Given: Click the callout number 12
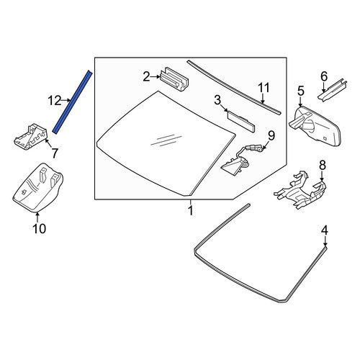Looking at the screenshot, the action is pyautogui.click(x=55, y=101).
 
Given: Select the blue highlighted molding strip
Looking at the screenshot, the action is pyautogui.click(x=72, y=102).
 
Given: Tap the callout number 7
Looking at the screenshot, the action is pyautogui.click(x=55, y=153).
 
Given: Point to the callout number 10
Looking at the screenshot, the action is pyautogui.click(x=40, y=228).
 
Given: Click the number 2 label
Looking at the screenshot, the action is pyautogui.click(x=146, y=77).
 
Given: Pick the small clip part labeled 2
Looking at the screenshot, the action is pyautogui.click(x=174, y=79).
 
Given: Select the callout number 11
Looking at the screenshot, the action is pyautogui.click(x=264, y=88).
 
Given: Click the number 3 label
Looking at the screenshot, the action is pyautogui.click(x=217, y=100).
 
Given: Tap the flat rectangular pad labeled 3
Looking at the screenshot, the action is pyautogui.click(x=240, y=121).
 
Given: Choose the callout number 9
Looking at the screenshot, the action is pyautogui.click(x=271, y=136).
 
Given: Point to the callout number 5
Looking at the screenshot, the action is pyautogui.click(x=301, y=91).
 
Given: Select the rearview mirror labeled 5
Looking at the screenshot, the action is pyautogui.click(x=315, y=126).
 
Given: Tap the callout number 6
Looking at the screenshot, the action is pyautogui.click(x=324, y=76).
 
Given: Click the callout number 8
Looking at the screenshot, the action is pyautogui.click(x=322, y=165).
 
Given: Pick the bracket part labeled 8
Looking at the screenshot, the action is pyautogui.click(x=300, y=190).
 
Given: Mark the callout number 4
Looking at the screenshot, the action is pyautogui.click(x=325, y=230).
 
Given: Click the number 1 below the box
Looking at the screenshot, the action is pyautogui.click(x=191, y=211).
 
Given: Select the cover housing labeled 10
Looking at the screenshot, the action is pyautogui.click(x=38, y=188).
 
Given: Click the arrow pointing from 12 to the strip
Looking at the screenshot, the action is pyautogui.click(x=66, y=101).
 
